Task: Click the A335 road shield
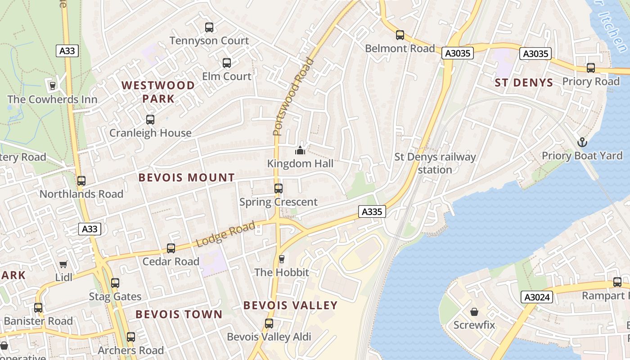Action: click(x=372, y=211)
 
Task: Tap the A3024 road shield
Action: click(x=536, y=297)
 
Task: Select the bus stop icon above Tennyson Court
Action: click(x=209, y=27)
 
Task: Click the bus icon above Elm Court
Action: click(x=227, y=63)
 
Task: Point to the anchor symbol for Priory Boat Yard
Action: click(x=582, y=143)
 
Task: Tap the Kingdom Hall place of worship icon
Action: click(x=300, y=150)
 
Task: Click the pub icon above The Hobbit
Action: click(x=282, y=259)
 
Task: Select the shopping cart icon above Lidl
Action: click(x=63, y=264)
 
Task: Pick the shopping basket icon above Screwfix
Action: click(x=474, y=312)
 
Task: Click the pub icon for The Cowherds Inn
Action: click(x=52, y=85)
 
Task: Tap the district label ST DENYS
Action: click(x=524, y=82)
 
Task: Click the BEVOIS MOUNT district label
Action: click(x=186, y=178)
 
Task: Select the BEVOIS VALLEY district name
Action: click(x=290, y=306)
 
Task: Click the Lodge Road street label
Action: click(x=225, y=234)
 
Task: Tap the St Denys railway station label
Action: click(x=435, y=163)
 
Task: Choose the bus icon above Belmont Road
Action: click(x=400, y=35)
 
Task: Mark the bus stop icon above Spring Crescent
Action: click(x=279, y=189)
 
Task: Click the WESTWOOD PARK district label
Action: click(x=158, y=92)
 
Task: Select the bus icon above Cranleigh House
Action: click(x=150, y=120)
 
